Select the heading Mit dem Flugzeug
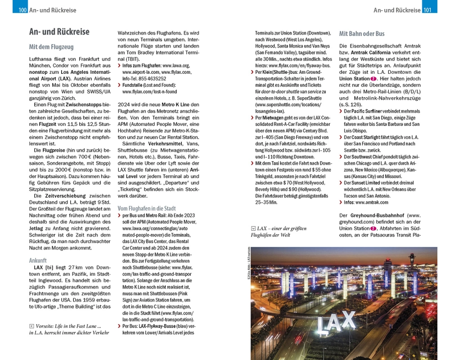click(x=51, y=47)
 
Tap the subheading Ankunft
click(x=38, y=261)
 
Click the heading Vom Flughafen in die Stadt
click(x=147, y=208)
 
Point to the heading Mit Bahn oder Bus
click(x=362, y=34)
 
